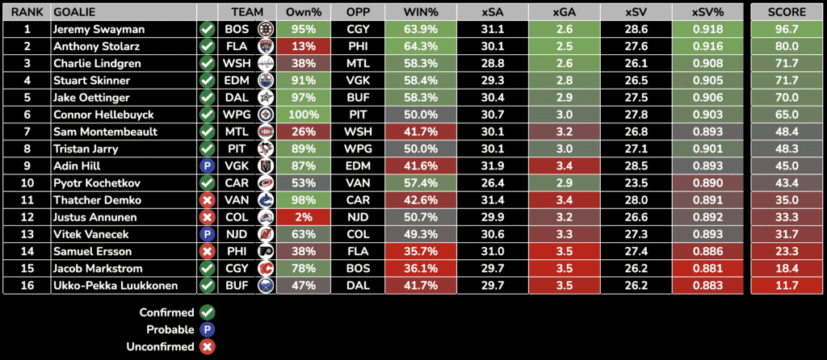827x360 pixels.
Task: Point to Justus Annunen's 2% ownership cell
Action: (x=304, y=216)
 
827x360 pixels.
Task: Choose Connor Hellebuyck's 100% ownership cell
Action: (x=304, y=115)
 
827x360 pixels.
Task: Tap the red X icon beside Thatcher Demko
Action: (x=207, y=199)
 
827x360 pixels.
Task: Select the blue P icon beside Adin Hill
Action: (x=207, y=165)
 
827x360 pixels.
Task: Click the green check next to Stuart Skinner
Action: (x=207, y=80)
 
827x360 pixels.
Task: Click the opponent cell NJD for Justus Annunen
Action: (x=356, y=216)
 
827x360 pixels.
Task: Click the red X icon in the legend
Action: (x=207, y=346)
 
